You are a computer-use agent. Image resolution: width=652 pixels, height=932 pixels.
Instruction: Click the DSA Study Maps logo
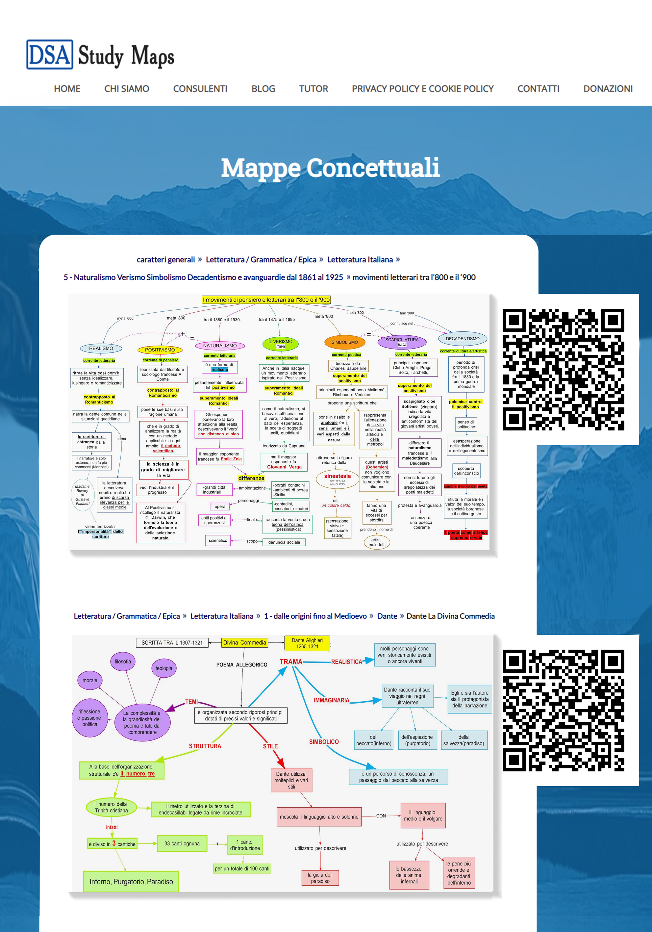100,55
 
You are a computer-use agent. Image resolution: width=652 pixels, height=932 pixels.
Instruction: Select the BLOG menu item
263,89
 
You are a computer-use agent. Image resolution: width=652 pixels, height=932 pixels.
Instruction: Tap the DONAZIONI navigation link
607,89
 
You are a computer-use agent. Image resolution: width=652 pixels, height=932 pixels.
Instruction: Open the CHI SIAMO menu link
127,89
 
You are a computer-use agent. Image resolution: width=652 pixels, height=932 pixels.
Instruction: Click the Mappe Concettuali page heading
330,167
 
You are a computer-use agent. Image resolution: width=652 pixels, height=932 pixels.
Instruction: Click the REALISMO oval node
101,348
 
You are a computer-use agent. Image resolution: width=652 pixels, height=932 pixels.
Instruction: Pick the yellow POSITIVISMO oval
160,350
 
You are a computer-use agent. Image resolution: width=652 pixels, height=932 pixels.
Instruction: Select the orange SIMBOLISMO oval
344,342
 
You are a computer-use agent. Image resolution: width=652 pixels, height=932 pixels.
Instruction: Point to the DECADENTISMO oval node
463,339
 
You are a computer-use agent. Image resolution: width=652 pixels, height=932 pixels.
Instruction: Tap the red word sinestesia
337,476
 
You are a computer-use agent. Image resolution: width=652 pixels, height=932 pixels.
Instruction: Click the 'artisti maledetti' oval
377,542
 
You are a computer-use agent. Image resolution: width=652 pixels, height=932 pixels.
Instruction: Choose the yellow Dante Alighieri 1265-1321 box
307,643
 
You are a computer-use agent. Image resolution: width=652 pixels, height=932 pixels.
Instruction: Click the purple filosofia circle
122,662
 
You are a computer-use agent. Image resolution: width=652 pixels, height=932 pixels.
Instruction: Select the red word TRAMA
291,662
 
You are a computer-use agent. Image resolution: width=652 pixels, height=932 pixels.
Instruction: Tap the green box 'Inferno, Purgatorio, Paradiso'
131,882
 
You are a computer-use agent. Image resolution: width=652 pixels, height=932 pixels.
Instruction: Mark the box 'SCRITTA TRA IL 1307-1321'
172,643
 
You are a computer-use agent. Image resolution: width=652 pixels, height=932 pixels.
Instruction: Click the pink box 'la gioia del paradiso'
320,878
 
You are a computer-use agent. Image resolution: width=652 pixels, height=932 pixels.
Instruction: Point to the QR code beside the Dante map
563,711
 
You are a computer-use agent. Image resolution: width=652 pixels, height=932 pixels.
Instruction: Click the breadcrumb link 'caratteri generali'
165,260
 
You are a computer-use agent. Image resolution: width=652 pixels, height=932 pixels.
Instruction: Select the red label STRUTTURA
205,746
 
